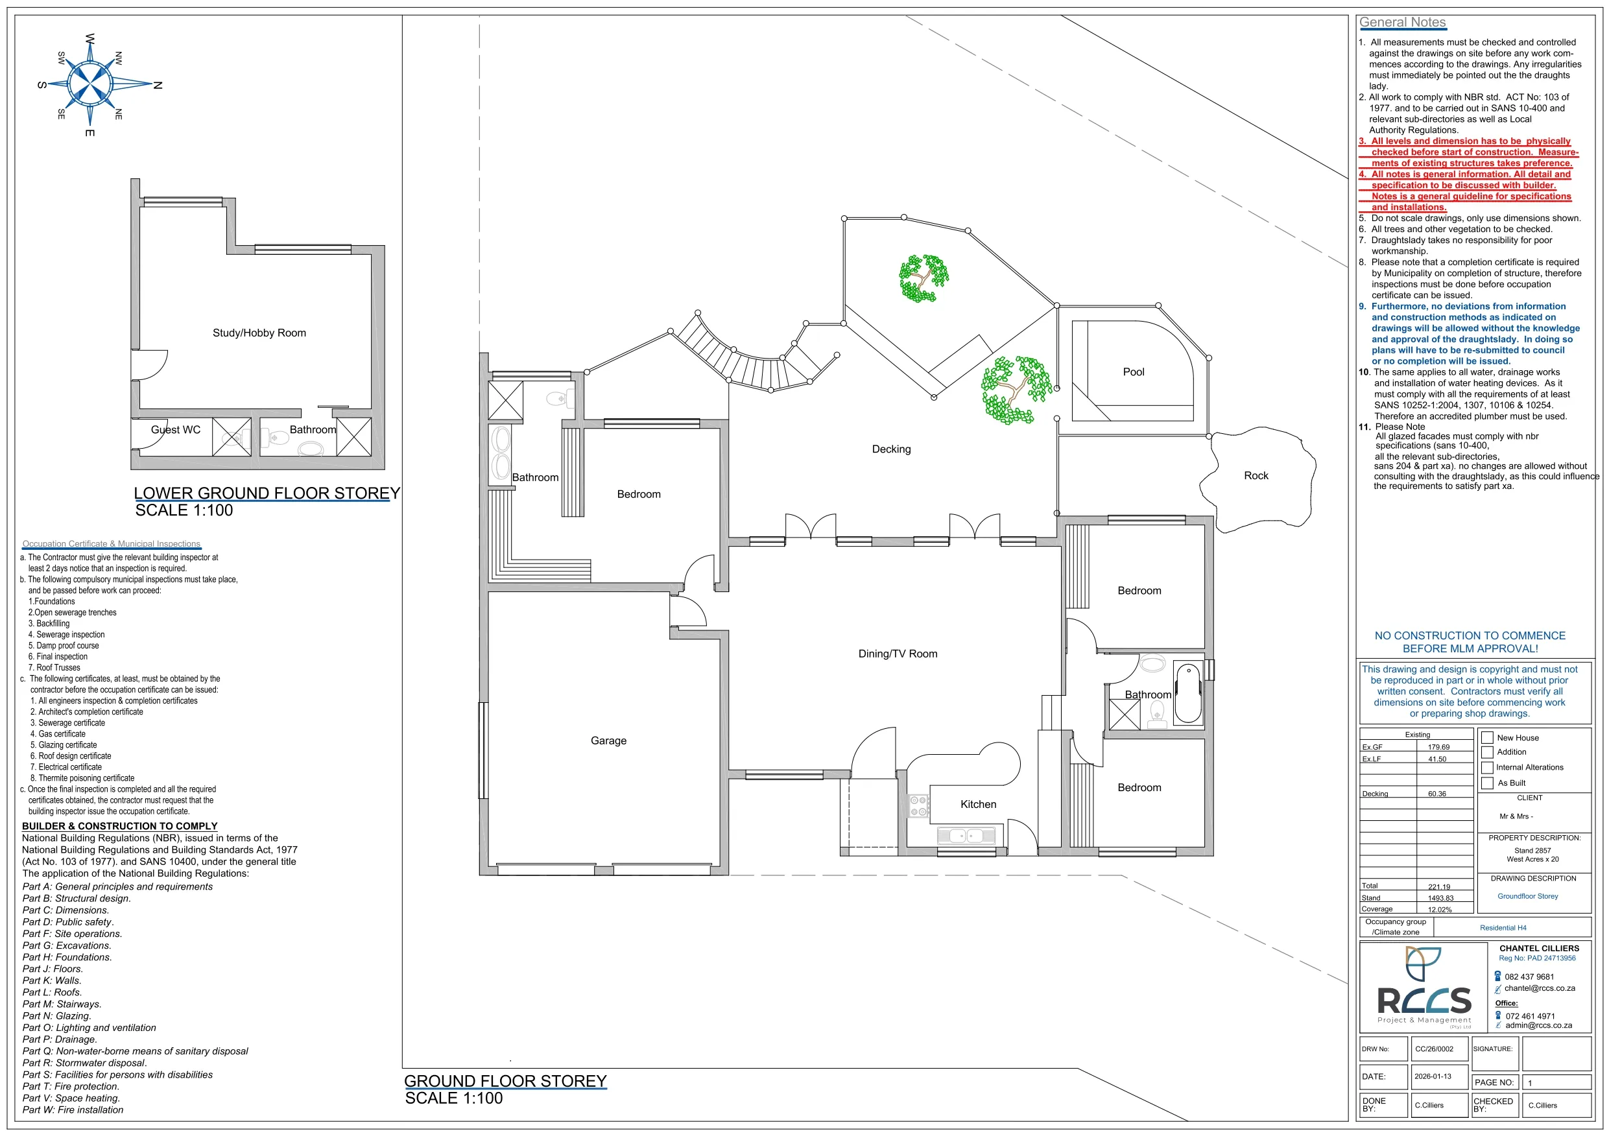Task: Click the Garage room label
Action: click(608, 741)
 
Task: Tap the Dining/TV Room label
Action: click(898, 654)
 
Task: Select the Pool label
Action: click(1133, 372)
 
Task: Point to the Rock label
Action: click(1256, 476)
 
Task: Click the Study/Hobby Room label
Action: click(259, 333)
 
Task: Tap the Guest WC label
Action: click(175, 429)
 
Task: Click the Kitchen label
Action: click(978, 805)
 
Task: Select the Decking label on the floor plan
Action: click(891, 449)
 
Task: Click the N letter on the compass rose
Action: click(158, 86)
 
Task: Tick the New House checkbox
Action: click(1487, 738)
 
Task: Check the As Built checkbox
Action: click(1487, 783)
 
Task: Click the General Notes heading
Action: click(1402, 23)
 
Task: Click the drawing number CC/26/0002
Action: click(1434, 1049)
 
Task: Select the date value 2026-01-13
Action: click(1433, 1076)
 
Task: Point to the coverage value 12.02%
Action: click(1440, 910)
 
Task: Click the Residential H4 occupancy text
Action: click(1503, 928)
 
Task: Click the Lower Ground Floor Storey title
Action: click(267, 493)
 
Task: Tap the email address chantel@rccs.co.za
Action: click(1540, 989)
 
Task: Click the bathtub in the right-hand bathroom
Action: click(1188, 694)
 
